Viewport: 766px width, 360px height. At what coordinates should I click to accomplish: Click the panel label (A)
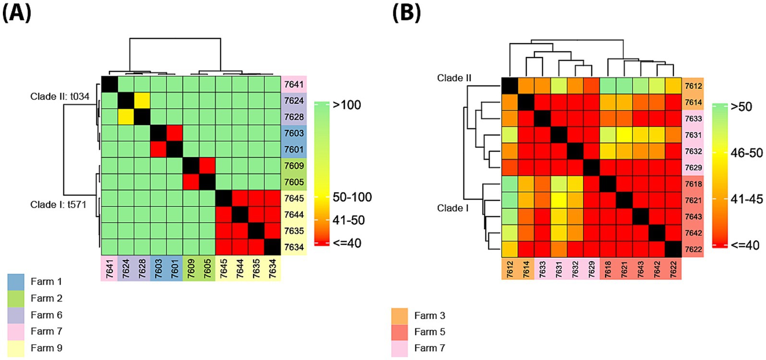coord(17,12)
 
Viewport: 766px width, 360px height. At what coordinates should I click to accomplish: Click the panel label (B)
coord(406,12)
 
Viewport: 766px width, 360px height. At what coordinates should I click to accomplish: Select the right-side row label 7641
coord(293,84)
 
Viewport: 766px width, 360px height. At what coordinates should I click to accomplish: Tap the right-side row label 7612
coord(693,86)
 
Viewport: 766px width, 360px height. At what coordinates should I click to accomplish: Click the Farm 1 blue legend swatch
coord(16,282)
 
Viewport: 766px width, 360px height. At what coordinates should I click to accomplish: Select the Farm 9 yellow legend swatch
coord(16,348)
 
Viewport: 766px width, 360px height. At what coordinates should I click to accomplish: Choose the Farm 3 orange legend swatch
coord(400,316)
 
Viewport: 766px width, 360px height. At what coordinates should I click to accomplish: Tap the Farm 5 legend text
coord(429,332)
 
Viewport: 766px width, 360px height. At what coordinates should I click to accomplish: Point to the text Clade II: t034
coord(60,96)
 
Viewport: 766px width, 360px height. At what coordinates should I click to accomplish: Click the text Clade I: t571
coord(58,204)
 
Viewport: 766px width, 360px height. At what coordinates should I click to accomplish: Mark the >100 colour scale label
coord(347,105)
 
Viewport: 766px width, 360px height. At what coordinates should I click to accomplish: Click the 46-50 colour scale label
coord(746,153)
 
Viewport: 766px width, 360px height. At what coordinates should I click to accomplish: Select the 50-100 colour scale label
coord(352,197)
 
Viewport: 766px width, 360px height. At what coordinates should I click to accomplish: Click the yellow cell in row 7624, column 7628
coord(142,100)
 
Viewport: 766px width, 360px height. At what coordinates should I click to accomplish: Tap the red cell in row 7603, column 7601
coord(174,133)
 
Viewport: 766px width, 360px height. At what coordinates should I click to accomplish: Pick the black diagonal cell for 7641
coord(109,84)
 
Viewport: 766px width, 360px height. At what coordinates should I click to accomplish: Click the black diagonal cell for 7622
coord(673,249)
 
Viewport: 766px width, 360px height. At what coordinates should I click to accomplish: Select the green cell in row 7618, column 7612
coord(510,184)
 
